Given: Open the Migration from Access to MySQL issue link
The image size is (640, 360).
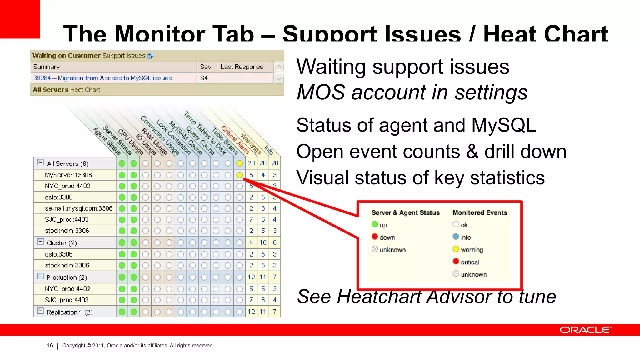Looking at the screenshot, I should (103, 78).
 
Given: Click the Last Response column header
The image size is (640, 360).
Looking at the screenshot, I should (242, 67).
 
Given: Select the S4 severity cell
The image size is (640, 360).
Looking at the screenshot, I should (204, 78).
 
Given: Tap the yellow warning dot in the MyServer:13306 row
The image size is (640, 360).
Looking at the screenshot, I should (240, 175).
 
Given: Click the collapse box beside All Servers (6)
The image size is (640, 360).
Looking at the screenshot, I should (40, 162).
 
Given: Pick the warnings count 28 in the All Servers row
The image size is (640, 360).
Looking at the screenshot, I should (263, 163).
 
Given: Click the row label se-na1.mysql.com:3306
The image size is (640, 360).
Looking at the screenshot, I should (79, 208).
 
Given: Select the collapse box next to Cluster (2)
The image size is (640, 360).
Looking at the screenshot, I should (40, 242).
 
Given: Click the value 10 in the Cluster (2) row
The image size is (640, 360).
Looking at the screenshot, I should (263, 242).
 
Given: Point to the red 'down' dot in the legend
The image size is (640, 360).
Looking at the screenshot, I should (375, 237).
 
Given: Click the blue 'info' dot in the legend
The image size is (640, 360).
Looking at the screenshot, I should (456, 237).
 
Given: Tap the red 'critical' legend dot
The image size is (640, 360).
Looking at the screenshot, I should (456, 261).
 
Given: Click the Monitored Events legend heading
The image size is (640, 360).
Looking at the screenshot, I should (480, 213).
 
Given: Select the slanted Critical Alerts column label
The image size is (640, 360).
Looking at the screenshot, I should (235, 140).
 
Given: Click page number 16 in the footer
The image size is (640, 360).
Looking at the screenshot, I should (50, 345).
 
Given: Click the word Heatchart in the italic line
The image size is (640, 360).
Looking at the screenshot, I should (379, 297).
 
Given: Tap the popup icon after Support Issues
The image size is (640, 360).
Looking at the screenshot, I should (150, 56).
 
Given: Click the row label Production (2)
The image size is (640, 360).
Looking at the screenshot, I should (67, 277).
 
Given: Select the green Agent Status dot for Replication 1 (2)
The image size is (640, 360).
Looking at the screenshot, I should (122, 312).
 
